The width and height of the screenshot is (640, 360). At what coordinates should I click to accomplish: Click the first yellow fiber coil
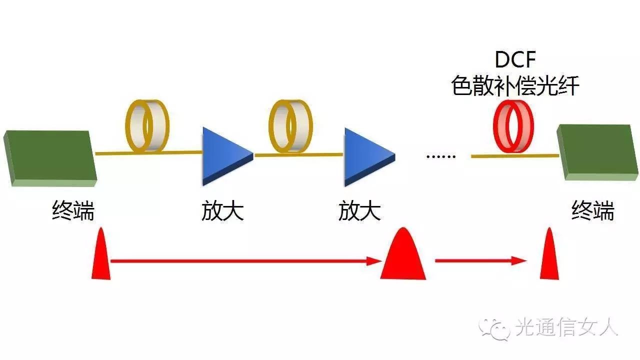146,126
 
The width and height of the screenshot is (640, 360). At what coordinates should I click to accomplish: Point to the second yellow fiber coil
290,126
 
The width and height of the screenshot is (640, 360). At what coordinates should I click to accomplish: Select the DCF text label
515,60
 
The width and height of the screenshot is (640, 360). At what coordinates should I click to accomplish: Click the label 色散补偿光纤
515,86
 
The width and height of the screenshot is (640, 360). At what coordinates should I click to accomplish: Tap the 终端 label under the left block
73,210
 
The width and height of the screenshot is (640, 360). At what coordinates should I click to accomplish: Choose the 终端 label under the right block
592,210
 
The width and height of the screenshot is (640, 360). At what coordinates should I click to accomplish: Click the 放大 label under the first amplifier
222,210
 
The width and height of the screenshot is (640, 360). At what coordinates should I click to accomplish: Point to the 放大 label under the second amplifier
359,210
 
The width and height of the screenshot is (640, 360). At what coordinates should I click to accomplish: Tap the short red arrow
480,260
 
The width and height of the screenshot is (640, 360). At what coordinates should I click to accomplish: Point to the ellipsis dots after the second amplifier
440,156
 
